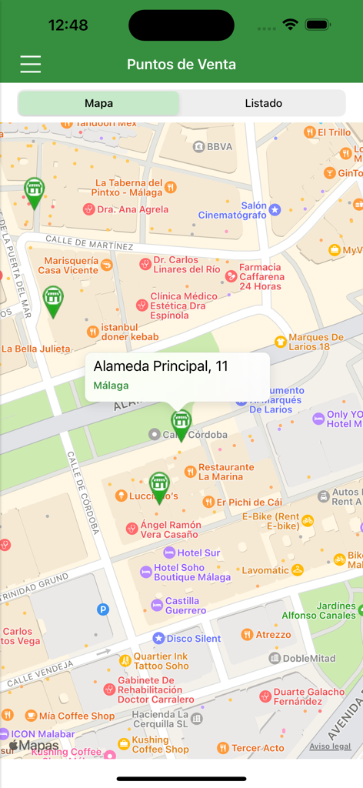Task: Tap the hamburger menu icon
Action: (31, 64)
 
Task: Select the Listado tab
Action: (263, 103)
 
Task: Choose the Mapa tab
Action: (99, 103)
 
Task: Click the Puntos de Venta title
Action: (181, 65)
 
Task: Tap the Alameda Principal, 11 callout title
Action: (161, 366)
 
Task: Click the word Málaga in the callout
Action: (111, 386)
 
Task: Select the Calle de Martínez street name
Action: (88, 242)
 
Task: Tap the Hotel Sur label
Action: (198, 553)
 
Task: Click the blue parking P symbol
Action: (103, 609)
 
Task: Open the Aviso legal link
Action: (331, 746)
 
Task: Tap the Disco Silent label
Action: (193, 638)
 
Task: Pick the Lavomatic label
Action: (265, 570)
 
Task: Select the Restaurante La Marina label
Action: (225, 472)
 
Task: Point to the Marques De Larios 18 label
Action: (315, 342)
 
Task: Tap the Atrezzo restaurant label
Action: (273, 635)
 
